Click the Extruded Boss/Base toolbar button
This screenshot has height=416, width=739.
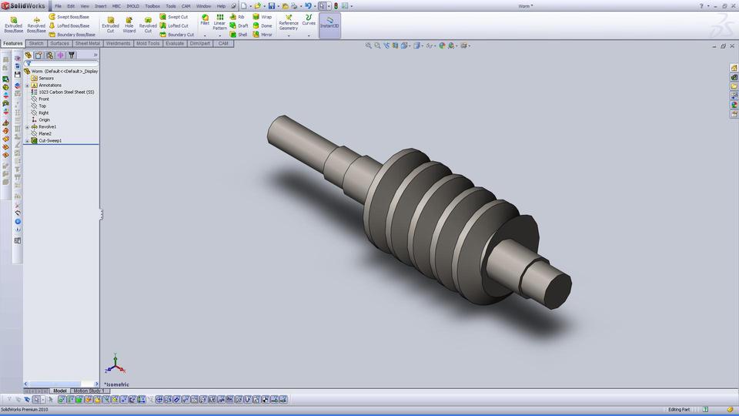13,24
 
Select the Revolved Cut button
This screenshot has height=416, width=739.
148,24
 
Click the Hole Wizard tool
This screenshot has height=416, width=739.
129,24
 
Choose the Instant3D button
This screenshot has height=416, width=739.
329,23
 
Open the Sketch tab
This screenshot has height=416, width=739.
36,43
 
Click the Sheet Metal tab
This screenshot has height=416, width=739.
87,43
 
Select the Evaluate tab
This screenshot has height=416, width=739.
174,43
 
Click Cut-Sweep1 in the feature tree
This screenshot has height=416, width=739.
50,141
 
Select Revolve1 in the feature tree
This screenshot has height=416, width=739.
47,126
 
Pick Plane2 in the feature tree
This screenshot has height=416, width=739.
45,133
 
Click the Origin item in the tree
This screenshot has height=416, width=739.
44,119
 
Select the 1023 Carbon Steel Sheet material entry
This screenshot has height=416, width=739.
66,92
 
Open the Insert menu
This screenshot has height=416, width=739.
101,5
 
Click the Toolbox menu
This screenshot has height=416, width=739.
152,5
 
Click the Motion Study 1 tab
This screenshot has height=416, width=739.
89,391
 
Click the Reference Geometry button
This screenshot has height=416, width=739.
289,24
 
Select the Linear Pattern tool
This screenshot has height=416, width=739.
220,24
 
